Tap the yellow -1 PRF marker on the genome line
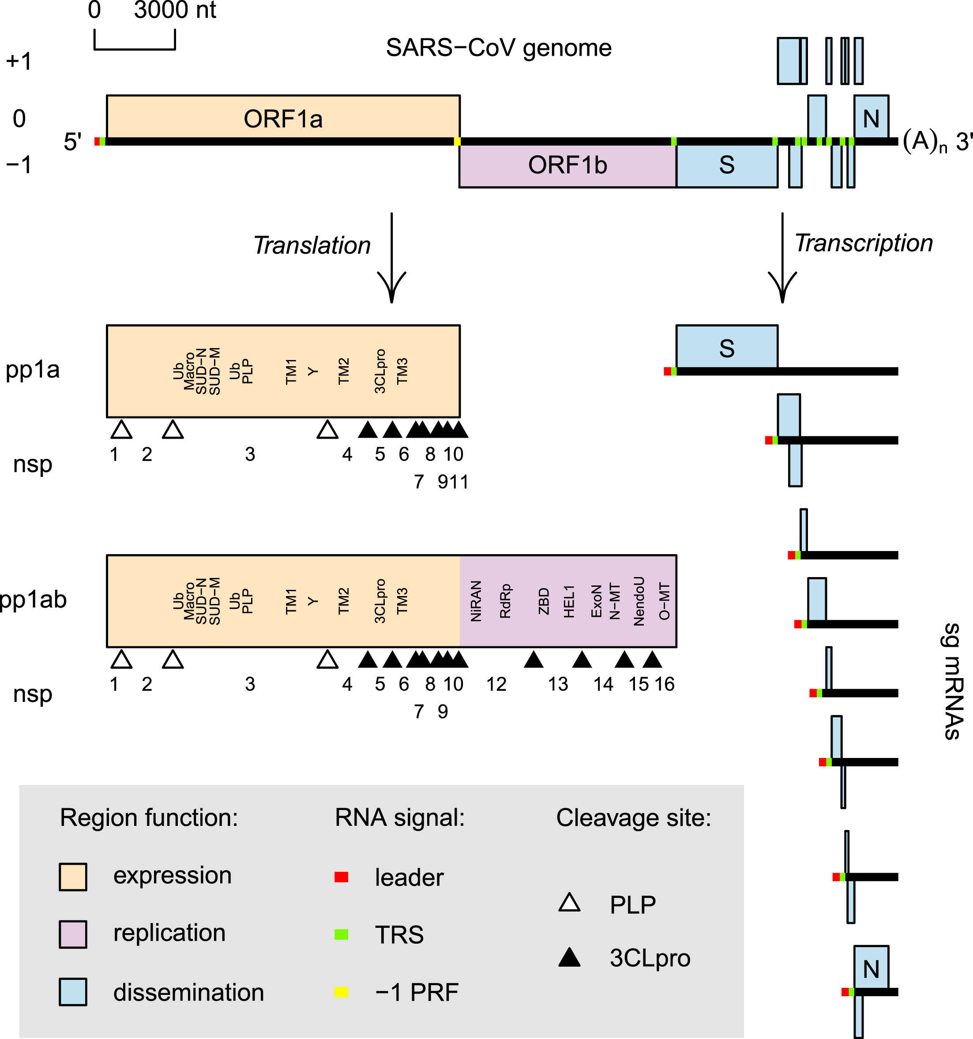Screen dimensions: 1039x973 [x=458, y=142]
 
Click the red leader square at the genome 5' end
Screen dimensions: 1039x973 [x=97, y=142]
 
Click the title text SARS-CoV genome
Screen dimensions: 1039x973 [x=498, y=48]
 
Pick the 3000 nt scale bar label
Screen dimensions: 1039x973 [x=175, y=11]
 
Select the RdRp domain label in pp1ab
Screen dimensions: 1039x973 [x=505, y=601]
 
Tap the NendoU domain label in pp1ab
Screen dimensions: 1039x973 [x=639, y=601]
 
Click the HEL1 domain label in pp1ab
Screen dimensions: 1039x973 [x=569, y=601]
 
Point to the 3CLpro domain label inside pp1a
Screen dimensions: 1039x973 [x=380, y=371]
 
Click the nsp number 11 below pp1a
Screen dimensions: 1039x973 [x=460, y=482]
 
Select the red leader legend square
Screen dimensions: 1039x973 [x=342, y=877]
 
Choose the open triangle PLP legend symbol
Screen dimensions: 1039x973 [x=569, y=903]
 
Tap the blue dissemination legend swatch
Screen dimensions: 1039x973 [x=73, y=991]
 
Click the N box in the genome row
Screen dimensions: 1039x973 [x=871, y=118]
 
